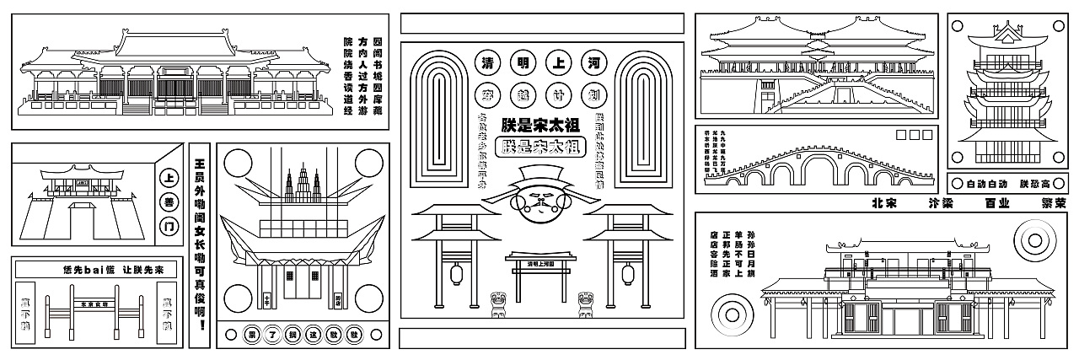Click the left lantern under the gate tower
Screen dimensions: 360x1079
(x=459, y=274)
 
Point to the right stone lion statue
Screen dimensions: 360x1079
(x=582, y=304)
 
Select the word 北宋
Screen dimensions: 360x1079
(x=884, y=203)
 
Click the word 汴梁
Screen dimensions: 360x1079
(x=939, y=203)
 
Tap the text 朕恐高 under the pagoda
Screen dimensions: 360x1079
(x=1035, y=183)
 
